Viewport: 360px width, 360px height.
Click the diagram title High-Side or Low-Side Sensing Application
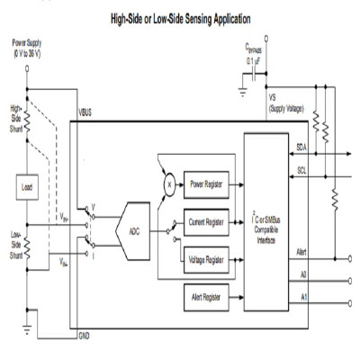(x=180, y=17)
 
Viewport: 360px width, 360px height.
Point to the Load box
(x=27, y=188)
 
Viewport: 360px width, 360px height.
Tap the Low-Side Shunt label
(x=15, y=243)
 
